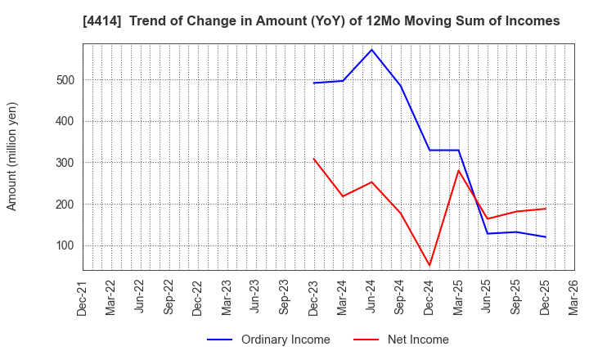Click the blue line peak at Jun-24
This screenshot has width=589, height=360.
[371, 50]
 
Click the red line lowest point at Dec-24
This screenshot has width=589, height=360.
[429, 265]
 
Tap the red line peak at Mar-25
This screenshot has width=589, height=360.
[458, 170]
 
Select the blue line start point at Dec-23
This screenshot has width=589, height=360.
[313, 83]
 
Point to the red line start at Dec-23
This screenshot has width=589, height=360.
[313, 159]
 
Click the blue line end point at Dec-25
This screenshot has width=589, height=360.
[546, 237]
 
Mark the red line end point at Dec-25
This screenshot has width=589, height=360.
[546, 209]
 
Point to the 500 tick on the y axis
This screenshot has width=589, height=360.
[65, 80]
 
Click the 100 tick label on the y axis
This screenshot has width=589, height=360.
[65, 245]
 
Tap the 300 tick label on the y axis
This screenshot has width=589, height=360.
[65, 163]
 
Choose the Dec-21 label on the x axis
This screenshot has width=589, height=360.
[83, 298]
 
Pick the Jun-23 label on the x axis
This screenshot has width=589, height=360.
[255, 298]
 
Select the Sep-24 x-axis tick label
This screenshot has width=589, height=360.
[401, 298]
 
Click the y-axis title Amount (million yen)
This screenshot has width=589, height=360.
[12, 156]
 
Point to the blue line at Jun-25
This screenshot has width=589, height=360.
[488, 234]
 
